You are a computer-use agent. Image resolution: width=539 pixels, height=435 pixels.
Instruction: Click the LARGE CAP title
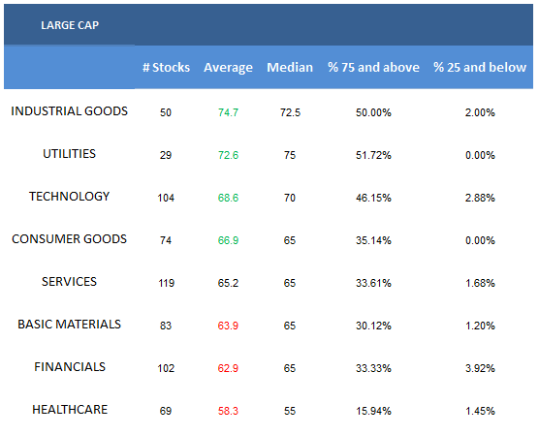point(70,25)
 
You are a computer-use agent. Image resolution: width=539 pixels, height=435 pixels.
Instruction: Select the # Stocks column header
point(166,68)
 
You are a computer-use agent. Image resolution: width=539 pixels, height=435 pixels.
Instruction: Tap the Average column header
point(228,68)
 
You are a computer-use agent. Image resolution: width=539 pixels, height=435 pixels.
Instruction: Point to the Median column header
point(290,68)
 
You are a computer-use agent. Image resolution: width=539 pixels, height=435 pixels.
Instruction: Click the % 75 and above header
point(373,68)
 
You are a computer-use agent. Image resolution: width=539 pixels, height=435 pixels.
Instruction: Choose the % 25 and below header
point(480,68)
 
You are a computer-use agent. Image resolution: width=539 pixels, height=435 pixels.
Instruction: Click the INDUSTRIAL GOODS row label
point(70,111)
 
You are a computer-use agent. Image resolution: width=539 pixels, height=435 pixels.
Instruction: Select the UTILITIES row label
point(70,154)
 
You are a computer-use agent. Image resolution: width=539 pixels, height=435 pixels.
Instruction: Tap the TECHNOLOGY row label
point(70,197)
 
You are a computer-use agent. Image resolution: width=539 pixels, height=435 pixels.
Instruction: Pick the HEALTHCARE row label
point(70,410)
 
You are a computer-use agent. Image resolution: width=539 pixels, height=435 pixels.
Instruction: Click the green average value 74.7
point(228,112)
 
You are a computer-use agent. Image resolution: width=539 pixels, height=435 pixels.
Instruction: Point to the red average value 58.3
point(228,411)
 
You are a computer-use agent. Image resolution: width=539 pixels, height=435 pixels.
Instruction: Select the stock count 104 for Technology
point(166,198)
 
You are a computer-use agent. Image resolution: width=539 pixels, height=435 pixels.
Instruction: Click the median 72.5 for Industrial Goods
point(290,112)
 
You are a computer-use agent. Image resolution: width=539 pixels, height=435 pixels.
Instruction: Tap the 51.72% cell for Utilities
point(373,155)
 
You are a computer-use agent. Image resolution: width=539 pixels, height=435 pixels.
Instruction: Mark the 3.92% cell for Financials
point(480,368)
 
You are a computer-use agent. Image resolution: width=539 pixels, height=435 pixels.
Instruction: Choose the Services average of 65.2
point(228,283)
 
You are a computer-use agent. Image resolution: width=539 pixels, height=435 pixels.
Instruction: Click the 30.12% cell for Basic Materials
point(373,326)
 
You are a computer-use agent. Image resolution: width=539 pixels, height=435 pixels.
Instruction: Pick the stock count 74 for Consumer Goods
point(166,240)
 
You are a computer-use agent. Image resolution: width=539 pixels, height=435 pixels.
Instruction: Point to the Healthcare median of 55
point(290,411)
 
